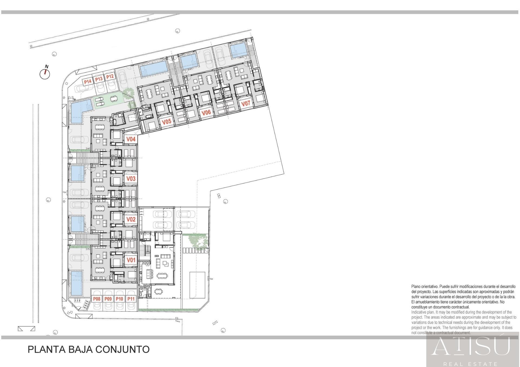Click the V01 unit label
(131, 260)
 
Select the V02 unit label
(131, 219)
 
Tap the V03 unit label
(131, 179)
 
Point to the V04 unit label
(131, 139)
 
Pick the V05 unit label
(167, 122)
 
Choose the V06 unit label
(206, 112)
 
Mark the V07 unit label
(246, 104)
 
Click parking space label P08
(97, 299)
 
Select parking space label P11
(131, 299)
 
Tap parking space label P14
(87, 82)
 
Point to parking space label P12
(110, 77)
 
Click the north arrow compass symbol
(45, 73)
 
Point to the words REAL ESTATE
(470, 364)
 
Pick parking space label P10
(119, 299)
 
